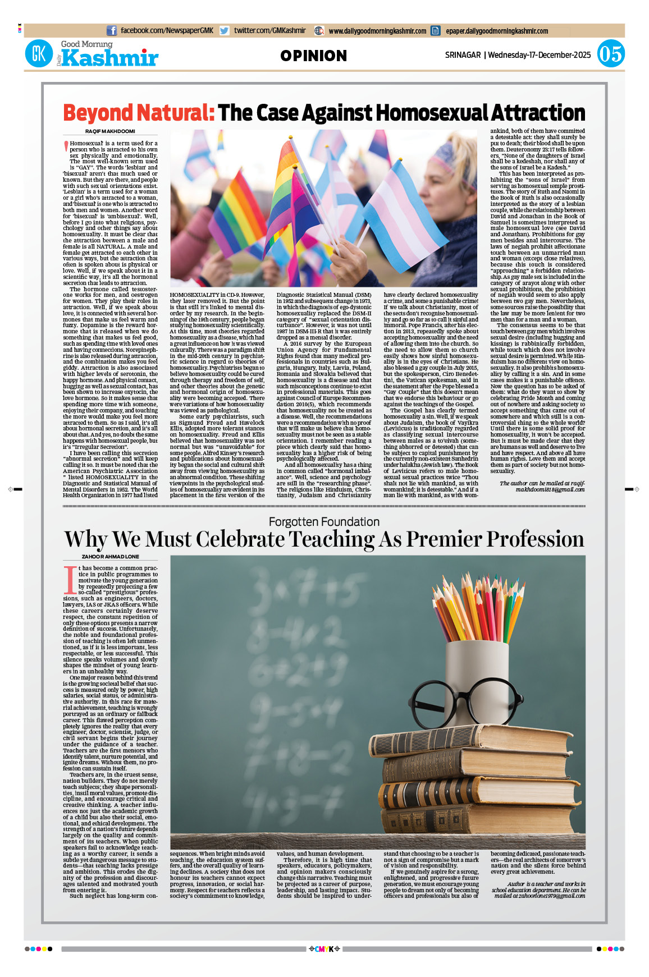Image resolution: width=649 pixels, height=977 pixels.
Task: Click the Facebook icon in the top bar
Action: click(x=112, y=31)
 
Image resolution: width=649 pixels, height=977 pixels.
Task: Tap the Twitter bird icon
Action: click(x=225, y=31)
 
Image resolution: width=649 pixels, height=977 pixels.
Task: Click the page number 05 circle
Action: click(x=610, y=54)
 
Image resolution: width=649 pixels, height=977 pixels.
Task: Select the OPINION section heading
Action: click(x=313, y=56)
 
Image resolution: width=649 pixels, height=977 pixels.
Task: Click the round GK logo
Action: click(x=39, y=54)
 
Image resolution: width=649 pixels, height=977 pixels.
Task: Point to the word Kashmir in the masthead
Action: click(x=110, y=58)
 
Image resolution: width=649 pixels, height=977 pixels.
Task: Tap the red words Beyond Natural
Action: click(x=139, y=113)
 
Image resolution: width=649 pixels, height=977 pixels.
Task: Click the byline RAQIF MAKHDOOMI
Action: click(x=110, y=131)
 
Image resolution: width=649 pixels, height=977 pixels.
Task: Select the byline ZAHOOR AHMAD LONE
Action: click(x=110, y=557)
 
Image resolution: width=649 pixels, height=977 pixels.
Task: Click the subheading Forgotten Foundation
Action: click(x=324, y=522)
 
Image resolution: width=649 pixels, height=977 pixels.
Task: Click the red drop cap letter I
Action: click(x=70, y=580)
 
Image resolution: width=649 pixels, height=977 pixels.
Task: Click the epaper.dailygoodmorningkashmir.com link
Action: click(x=496, y=31)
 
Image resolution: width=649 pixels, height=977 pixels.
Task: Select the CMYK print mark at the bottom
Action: click(x=324, y=949)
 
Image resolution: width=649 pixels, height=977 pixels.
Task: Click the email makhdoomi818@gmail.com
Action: click(x=550, y=489)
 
